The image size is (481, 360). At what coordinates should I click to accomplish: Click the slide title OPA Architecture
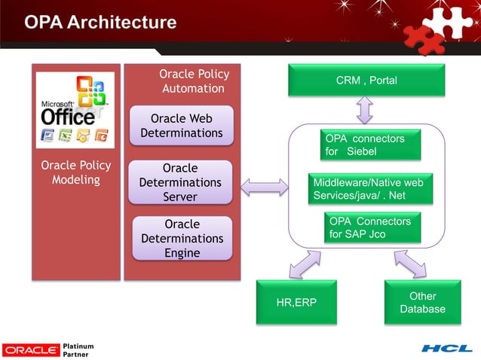(101, 23)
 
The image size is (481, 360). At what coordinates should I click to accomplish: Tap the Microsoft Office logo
(75, 110)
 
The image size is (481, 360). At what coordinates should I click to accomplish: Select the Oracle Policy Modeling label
(75, 172)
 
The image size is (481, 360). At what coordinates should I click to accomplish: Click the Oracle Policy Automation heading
(194, 81)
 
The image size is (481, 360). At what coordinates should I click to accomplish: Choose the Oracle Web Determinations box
(181, 126)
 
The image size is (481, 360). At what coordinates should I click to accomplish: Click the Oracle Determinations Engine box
(182, 238)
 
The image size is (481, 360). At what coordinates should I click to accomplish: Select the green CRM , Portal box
(366, 81)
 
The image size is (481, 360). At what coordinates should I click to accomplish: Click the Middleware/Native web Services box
(372, 189)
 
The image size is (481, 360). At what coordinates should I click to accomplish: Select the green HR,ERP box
(296, 303)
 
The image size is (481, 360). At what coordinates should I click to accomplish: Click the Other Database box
(422, 303)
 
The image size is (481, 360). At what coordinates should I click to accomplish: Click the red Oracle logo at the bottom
(31, 349)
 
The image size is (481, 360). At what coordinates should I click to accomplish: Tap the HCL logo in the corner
(446, 349)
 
